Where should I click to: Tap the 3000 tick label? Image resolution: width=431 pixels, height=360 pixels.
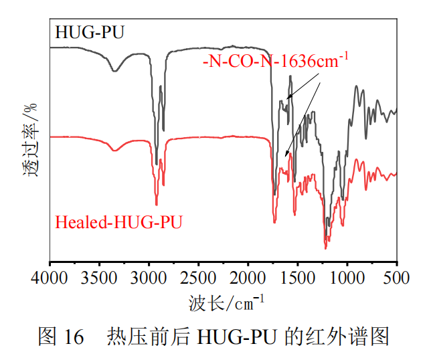point(149,277)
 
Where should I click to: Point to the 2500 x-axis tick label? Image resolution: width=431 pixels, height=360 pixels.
point(199,277)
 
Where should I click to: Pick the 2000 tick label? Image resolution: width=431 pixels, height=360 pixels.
point(248,277)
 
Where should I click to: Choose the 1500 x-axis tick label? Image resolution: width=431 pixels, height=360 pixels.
point(298,277)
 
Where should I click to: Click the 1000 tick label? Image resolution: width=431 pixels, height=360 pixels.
point(347,277)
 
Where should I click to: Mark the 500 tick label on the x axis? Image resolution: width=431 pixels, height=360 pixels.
point(397,277)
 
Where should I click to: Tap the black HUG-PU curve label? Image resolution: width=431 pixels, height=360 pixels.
point(90,32)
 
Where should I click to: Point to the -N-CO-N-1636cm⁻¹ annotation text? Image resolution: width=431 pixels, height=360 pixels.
point(275,62)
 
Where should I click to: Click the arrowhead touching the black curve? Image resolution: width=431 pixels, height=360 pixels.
point(286,99)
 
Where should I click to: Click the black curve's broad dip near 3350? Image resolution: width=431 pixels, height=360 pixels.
point(115,70)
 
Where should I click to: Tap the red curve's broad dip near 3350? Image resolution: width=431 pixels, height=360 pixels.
point(114,151)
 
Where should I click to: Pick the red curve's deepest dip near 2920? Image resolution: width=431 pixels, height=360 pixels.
point(157,204)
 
